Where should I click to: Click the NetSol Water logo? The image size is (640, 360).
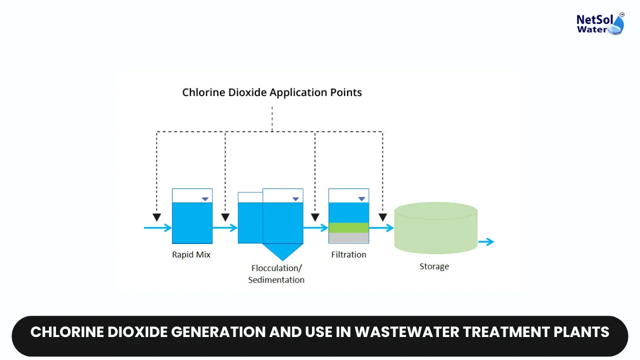[x=600, y=23]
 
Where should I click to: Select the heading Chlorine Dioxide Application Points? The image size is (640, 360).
[x=272, y=92]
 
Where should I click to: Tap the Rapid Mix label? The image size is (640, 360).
[x=191, y=254]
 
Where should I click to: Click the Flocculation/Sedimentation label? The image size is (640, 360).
[x=276, y=273]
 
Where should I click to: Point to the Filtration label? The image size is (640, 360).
[x=348, y=254]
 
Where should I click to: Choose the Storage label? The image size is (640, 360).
[x=434, y=266]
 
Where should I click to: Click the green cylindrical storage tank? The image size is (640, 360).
[x=435, y=228]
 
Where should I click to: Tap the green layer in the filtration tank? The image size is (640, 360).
[x=349, y=227]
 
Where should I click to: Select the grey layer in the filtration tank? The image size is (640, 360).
[x=349, y=237]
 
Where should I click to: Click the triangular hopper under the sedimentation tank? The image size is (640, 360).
[x=282, y=250]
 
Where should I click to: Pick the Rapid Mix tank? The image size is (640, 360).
[x=192, y=216]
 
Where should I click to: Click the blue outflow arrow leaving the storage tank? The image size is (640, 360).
[x=486, y=241]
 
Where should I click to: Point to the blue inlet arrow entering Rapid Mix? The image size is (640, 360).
[x=157, y=227]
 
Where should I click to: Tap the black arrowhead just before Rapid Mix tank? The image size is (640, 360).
[x=156, y=217]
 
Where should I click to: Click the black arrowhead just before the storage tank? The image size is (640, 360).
[x=383, y=217]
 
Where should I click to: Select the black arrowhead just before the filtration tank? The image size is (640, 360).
[x=315, y=217]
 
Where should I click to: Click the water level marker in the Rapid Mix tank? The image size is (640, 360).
[x=205, y=199]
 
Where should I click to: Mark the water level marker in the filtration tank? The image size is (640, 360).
[x=361, y=199]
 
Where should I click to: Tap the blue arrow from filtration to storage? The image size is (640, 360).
[x=381, y=227]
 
